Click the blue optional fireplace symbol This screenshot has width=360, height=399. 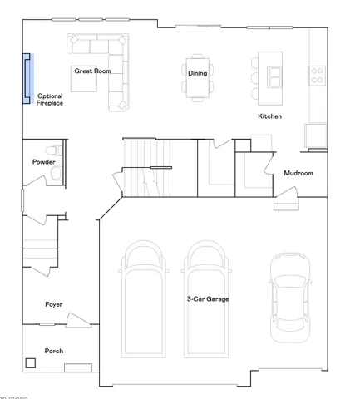27,76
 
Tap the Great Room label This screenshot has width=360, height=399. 92,71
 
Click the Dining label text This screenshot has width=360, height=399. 197,73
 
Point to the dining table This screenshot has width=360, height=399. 197,73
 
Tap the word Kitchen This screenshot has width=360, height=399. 269,116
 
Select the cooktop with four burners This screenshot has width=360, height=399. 318,75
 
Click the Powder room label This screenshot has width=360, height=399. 43,161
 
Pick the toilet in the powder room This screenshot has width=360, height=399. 55,151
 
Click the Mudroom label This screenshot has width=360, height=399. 298,173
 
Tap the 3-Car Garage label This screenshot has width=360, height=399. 207,298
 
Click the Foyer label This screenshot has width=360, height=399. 53,304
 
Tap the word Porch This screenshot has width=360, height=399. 53,351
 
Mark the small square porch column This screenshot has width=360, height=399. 32,362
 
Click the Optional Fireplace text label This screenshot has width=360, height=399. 49,99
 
